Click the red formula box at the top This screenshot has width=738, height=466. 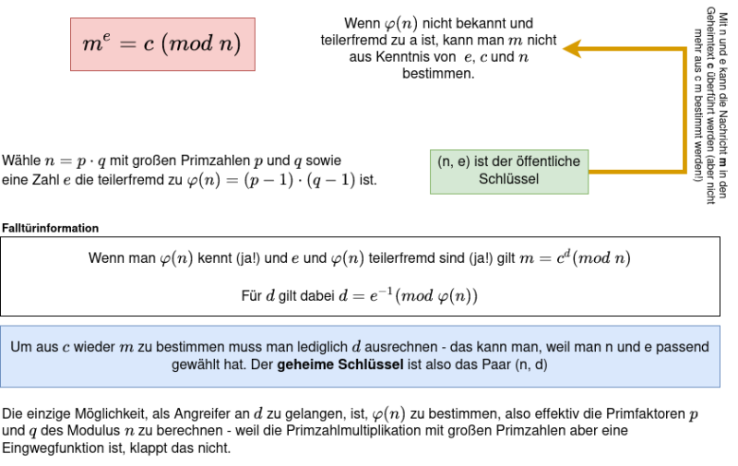[163, 44]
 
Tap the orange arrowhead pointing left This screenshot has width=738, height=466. [572, 49]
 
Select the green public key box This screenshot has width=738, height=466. [509, 172]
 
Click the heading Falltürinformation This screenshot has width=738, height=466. [51, 228]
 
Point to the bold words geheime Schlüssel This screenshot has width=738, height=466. [339, 364]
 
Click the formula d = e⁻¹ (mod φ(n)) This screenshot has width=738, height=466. [408, 295]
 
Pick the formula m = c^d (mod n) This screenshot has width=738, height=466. [575, 258]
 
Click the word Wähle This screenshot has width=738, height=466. [21, 161]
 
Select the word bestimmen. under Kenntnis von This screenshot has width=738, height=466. [438, 74]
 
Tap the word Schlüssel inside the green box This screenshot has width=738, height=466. [509, 179]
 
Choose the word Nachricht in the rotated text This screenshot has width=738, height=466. [723, 133]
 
